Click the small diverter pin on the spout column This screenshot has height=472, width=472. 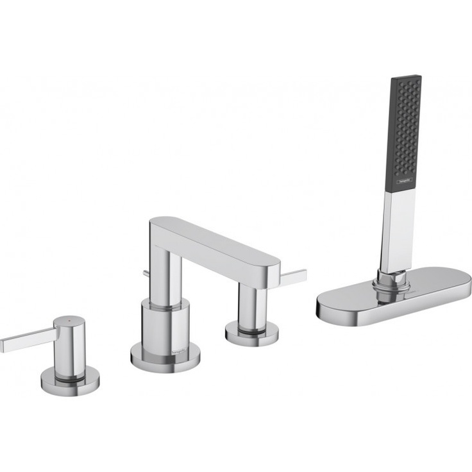click(x=146, y=274)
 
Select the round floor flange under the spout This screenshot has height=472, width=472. click(x=165, y=358)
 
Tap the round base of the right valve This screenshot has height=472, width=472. click(x=252, y=334)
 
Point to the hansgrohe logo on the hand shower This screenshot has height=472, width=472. click(x=403, y=182)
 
